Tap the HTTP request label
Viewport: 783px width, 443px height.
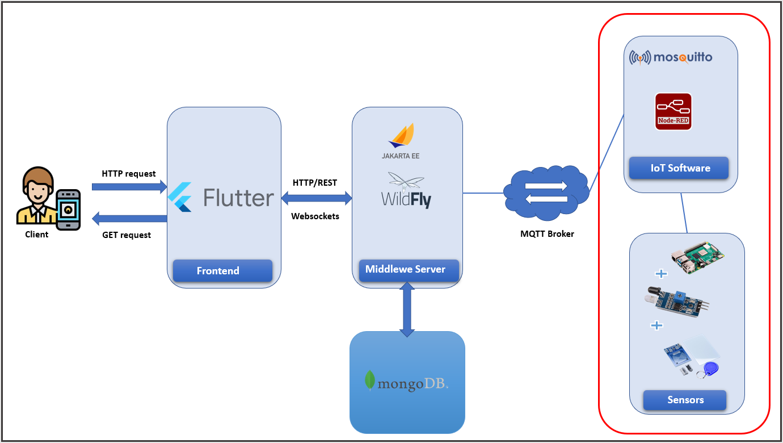pos(129,174)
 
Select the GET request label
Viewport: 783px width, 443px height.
pos(127,235)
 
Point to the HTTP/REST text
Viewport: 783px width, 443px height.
pos(315,183)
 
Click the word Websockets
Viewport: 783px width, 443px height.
pos(315,216)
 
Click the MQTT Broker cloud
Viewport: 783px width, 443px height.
pos(546,193)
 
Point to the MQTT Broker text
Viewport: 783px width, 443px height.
pos(547,233)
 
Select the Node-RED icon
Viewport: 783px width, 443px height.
pos(673,111)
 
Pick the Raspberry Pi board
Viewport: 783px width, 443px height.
pos(697,259)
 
